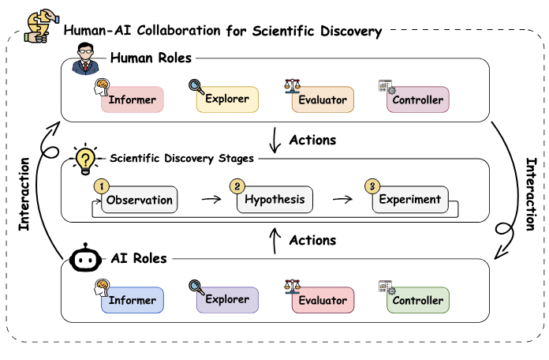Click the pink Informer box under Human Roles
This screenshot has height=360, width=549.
click(133, 100)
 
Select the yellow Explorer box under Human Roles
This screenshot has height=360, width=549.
click(227, 99)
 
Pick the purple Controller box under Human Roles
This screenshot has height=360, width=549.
click(417, 100)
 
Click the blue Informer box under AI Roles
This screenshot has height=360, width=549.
click(133, 301)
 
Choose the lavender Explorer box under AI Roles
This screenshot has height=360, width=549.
click(227, 300)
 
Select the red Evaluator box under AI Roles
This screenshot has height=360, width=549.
click(323, 301)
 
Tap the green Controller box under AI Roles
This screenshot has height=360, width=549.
click(417, 301)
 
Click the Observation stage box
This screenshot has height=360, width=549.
click(140, 200)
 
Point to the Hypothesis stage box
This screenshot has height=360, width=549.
click(274, 200)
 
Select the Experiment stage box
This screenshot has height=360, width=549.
click(410, 200)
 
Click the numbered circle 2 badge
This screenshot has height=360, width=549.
click(237, 186)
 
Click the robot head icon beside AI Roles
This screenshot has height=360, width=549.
click(84, 260)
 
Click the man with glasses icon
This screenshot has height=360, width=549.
click(85, 59)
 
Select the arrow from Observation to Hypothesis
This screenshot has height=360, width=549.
click(211, 201)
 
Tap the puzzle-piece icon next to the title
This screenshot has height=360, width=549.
click(39, 26)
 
